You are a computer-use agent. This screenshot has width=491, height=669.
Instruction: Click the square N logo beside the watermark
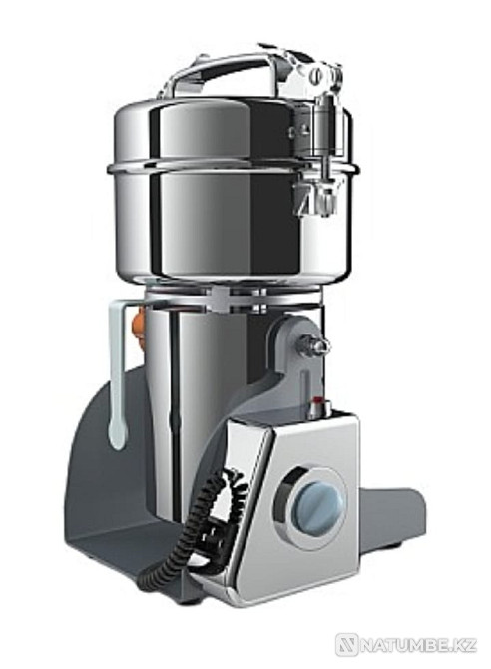[x=345, y=645]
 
